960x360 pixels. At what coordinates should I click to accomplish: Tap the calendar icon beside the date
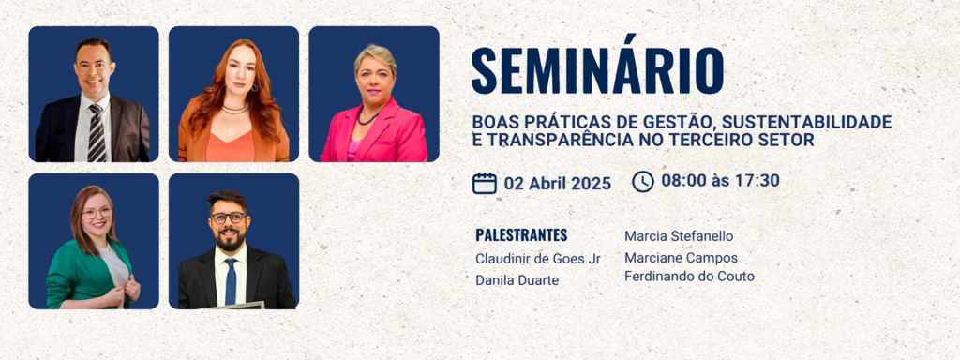coord(485,182)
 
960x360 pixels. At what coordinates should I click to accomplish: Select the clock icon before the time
coord(643,181)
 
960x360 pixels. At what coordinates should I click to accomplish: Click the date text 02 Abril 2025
coord(557,183)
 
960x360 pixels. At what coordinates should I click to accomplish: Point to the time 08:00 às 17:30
coord(720,180)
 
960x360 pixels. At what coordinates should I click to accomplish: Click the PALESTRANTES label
coord(521,235)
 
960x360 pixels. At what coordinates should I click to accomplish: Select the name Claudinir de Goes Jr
coord(537,259)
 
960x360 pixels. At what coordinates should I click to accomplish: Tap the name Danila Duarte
coord(517,280)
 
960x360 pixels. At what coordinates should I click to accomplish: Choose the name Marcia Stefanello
coord(679,236)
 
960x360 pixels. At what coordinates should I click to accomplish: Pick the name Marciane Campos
coord(681,258)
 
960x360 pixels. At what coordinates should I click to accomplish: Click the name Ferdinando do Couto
coord(689,277)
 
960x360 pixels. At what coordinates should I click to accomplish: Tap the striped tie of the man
coord(97,133)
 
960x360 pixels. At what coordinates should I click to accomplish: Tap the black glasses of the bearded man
coord(228,217)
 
